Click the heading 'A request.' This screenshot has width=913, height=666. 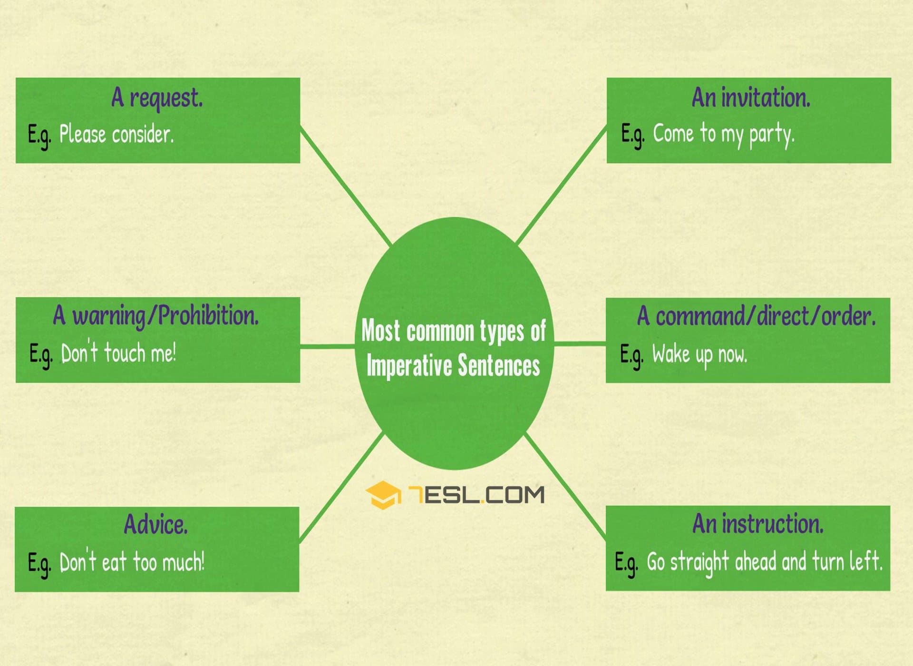coord(157,98)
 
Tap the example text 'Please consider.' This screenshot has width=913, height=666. coord(117,134)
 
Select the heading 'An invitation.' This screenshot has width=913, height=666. coord(751,98)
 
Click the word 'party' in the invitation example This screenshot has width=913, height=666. coord(771,135)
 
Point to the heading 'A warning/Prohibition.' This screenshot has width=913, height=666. coord(156,316)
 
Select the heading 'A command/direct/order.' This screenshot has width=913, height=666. coord(756,316)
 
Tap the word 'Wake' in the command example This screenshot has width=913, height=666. coord(671,354)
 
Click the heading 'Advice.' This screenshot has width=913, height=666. coord(156,524)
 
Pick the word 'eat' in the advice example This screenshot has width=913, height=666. coord(114,562)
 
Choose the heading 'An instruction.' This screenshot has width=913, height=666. coord(758,524)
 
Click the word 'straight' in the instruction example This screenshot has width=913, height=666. coord(699,563)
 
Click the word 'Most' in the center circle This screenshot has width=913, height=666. coord(380,331)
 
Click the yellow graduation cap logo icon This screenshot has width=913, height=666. coord(383,495)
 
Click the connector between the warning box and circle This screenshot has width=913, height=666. coord(328,346)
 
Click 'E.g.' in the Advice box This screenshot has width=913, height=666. coord(39,564)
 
